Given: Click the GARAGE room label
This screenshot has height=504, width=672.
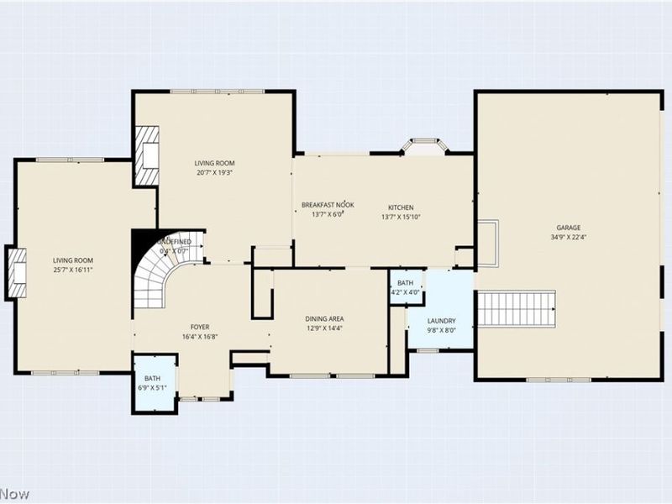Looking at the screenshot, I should point(568,228).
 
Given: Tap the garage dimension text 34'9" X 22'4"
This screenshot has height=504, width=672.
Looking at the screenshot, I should point(568,237).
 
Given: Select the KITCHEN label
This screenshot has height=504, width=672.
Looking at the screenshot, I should point(400,207).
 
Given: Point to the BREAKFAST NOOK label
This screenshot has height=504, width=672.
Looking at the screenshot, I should point(328,205).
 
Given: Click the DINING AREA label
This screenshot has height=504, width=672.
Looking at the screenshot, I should point(323,318).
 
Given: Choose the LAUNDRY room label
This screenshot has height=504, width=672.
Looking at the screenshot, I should point(441,321).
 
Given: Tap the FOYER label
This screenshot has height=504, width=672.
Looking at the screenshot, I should point(200,327).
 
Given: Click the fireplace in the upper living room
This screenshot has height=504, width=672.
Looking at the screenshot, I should point(148,155).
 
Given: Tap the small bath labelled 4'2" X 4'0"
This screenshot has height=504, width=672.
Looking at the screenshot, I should point(406,287).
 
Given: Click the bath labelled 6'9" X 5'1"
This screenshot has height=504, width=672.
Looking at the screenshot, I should point(153,383).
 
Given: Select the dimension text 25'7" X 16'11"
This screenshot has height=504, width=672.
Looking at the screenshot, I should point(73,270).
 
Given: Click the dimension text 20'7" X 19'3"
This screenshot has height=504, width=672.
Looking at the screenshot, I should point(214,172).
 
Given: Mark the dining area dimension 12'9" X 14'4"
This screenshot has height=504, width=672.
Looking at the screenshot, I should point(323,328).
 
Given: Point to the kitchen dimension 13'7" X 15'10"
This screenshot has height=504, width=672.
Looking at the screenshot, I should point(400,217).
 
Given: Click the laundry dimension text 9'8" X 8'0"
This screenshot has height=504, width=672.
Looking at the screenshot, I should point(441,330).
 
